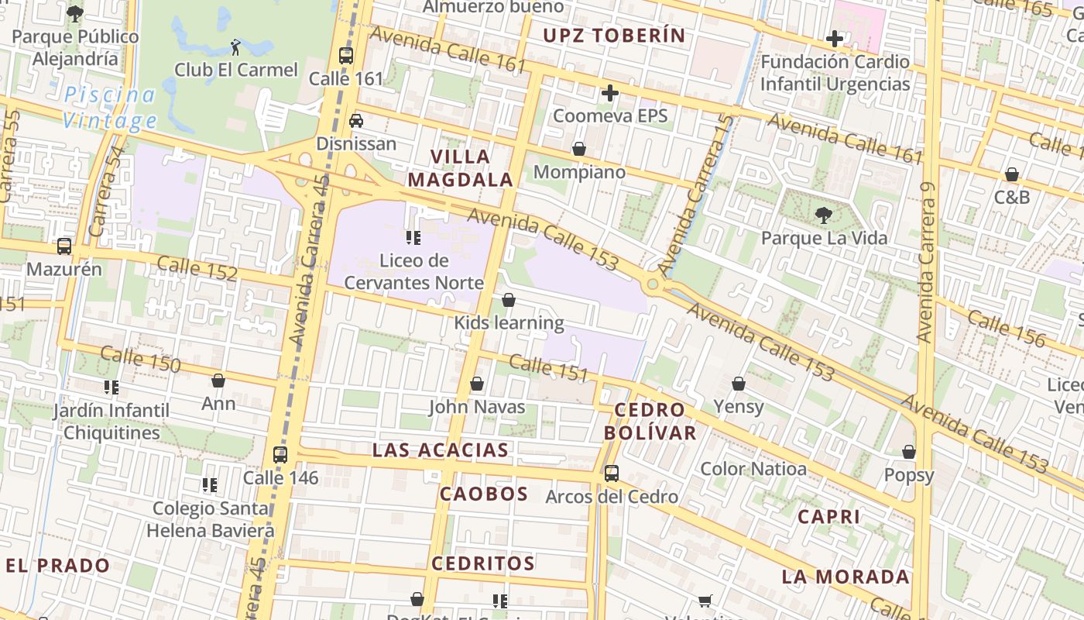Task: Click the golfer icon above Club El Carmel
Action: point(235,47)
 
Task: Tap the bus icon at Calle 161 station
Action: point(346,56)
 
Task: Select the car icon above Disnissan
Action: point(356,120)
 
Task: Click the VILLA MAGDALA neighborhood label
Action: point(461,168)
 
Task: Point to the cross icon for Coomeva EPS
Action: point(610,94)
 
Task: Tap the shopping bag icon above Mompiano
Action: point(579,149)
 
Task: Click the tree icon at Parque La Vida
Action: point(824,215)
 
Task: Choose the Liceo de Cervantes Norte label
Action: point(414,271)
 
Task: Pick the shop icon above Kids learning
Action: point(509,300)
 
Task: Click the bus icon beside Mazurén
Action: point(64,246)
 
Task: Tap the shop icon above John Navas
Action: point(477,384)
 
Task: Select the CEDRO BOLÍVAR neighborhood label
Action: point(650,421)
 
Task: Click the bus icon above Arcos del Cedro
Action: point(612,473)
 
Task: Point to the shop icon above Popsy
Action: point(909,452)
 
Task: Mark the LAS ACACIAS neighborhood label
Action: point(441,450)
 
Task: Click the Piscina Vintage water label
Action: point(110,108)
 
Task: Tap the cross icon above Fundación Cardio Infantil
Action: point(835,38)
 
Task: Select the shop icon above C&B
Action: point(1012,174)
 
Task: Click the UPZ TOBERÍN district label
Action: point(614,35)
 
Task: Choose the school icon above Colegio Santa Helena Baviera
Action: point(210,485)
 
